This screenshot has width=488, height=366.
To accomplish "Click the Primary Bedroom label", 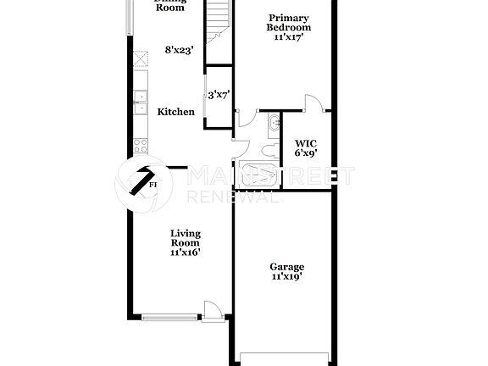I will [x=289, y=23].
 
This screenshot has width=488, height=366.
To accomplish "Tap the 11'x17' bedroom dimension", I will [x=289, y=37].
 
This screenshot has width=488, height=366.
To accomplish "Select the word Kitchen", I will [x=175, y=112].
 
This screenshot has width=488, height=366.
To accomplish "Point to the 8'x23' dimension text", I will [x=180, y=50].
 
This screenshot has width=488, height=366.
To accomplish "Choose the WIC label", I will [x=305, y=143].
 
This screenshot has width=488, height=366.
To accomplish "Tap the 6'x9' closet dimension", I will [x=305, y=154].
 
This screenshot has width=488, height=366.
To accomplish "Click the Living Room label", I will [x=186, y=238].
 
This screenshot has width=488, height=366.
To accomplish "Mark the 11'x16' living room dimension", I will [x=186, y=252].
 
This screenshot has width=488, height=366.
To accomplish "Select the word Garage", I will [x=287, y=267].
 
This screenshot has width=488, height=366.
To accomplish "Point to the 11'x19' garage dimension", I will [x=287, y=277].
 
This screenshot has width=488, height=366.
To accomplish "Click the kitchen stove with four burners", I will [x=137, y=144].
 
